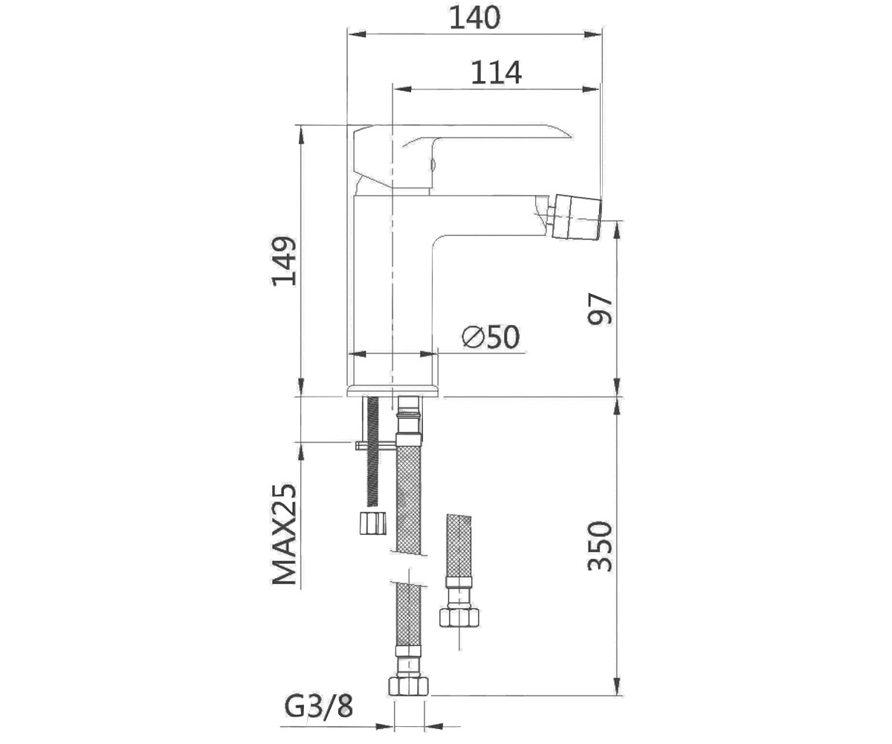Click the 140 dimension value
[475, 18]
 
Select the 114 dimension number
[496, 73]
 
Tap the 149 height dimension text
[284, 261]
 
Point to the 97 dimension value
[600, 310]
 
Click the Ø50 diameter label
[491, 336]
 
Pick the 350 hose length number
[600, 546]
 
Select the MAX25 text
[284, 534]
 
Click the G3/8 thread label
[319, 708]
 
